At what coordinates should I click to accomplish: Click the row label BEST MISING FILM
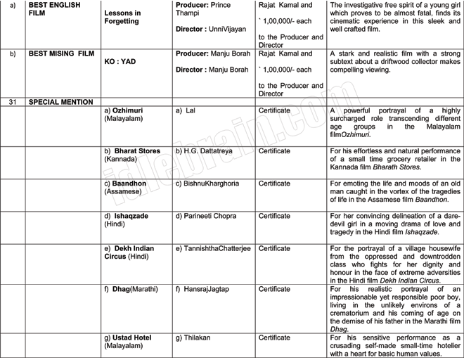pyautogui.click(x=60, y=53)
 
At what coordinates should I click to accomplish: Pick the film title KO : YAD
pyautogui.click(x=120, y=61)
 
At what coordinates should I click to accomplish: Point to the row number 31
pyautogui.click(x=13, y=102)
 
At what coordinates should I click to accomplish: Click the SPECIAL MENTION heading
pyautogui.click(x=60, y=102)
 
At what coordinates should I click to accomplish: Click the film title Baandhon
pyautogui.click(x=129, y=184)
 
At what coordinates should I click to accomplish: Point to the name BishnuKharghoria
pyautogui.click(x=211, y=184)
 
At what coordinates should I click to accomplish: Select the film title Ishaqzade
pyautogui.click(x=131, y=216)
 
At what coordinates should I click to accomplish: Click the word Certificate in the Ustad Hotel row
pyautogui.click(x=274, y=337)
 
